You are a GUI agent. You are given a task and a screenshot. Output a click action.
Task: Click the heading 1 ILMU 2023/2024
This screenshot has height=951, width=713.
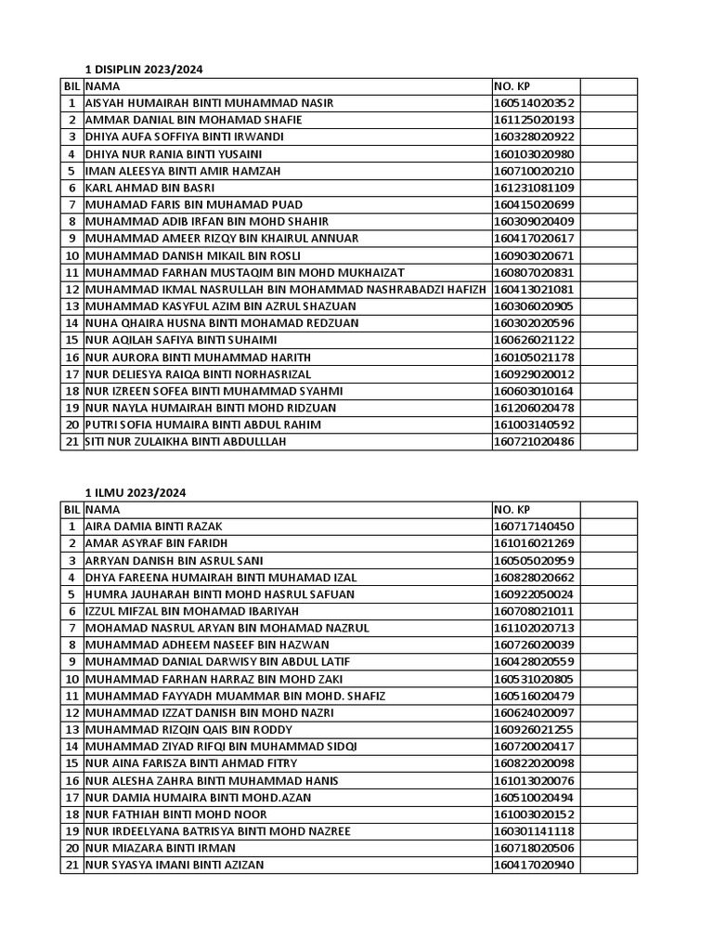[135, 492]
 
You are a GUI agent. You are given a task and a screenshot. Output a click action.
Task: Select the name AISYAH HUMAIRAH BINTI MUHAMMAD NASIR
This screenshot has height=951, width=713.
[209, 103]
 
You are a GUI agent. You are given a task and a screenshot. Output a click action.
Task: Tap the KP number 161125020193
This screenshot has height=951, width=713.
[534, 120]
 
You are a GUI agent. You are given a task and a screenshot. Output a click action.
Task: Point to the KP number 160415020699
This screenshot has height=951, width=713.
[534, 204]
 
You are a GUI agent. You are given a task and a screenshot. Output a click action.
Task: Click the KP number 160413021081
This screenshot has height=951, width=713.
[534, 289]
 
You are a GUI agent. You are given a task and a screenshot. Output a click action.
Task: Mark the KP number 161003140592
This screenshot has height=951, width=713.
[534, 424]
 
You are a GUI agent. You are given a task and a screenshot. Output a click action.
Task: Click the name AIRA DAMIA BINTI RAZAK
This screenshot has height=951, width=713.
[153, 527]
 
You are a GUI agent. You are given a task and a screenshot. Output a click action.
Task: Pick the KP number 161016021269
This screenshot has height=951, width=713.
[534, 543]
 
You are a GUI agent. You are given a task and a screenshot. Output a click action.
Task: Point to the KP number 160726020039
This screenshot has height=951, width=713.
[534, 645]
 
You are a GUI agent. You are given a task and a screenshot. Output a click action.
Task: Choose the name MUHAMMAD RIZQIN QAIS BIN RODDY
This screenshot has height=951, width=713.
[189, 730]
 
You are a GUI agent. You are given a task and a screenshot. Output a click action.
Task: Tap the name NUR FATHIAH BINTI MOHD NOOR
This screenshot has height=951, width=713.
[175, 814]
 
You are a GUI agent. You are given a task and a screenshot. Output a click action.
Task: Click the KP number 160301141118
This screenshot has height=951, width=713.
[534, 831]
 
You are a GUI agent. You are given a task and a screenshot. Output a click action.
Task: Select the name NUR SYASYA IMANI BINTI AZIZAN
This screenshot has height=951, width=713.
[175, 866]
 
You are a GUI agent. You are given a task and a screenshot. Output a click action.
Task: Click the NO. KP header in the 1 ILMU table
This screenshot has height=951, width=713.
[512, 510]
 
